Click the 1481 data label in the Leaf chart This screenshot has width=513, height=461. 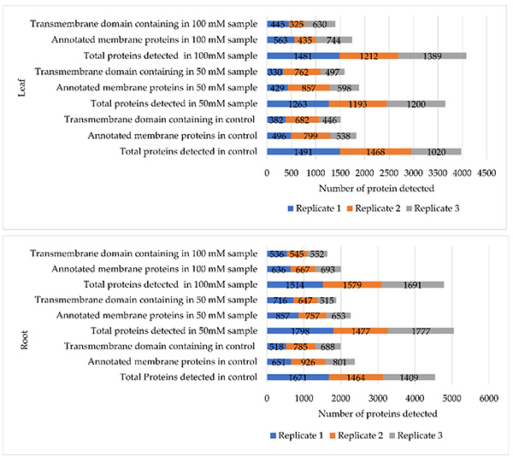pyautogui.click(x=304, y=55)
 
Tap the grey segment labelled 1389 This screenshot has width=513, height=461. pyautogui.click(x=432, y=55)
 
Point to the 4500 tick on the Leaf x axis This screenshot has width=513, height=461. pyautogui.click(x=486, y=172)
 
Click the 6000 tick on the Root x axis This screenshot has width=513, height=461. pyautogui.click(x=488, y=398)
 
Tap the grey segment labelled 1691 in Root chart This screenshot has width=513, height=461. pyautogui.click(x=413, y=284)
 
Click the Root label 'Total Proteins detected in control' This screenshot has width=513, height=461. pyautogui.click(x=188, y=377)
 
